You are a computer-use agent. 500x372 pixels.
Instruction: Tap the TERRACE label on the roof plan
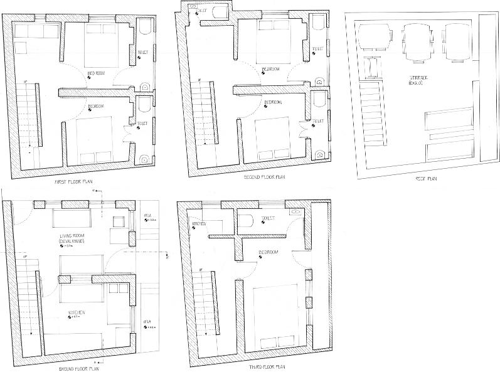417,79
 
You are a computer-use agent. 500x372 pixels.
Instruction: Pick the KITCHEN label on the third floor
200,224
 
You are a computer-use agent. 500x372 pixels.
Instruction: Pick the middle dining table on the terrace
417,43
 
